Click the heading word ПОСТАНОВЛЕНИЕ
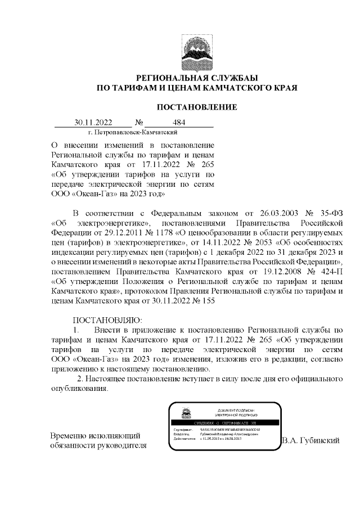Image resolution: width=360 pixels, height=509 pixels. coord(196,107)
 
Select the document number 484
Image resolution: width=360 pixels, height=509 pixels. coord(179,122)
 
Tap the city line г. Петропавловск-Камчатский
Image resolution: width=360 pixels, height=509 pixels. coord(133,132)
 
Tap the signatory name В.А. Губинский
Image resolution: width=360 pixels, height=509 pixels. coord(311,440)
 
